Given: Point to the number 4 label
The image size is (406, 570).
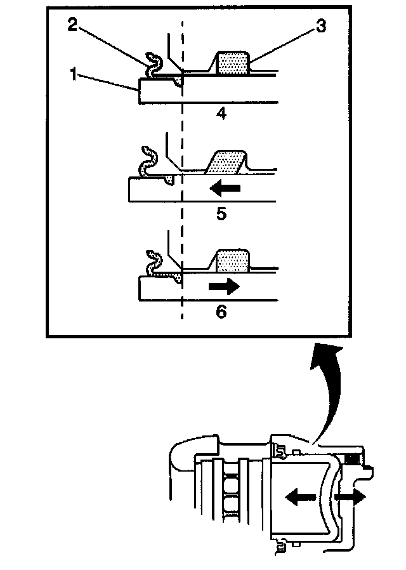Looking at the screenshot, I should (221, 115).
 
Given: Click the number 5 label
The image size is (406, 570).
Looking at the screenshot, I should (221, 214).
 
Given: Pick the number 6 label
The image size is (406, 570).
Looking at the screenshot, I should (221, 312).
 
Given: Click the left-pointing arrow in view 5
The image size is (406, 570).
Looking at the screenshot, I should (225, 188).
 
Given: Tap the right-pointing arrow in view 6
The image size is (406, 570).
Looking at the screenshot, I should (223, 286).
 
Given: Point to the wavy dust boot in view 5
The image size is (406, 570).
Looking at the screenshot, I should (149, 162).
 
